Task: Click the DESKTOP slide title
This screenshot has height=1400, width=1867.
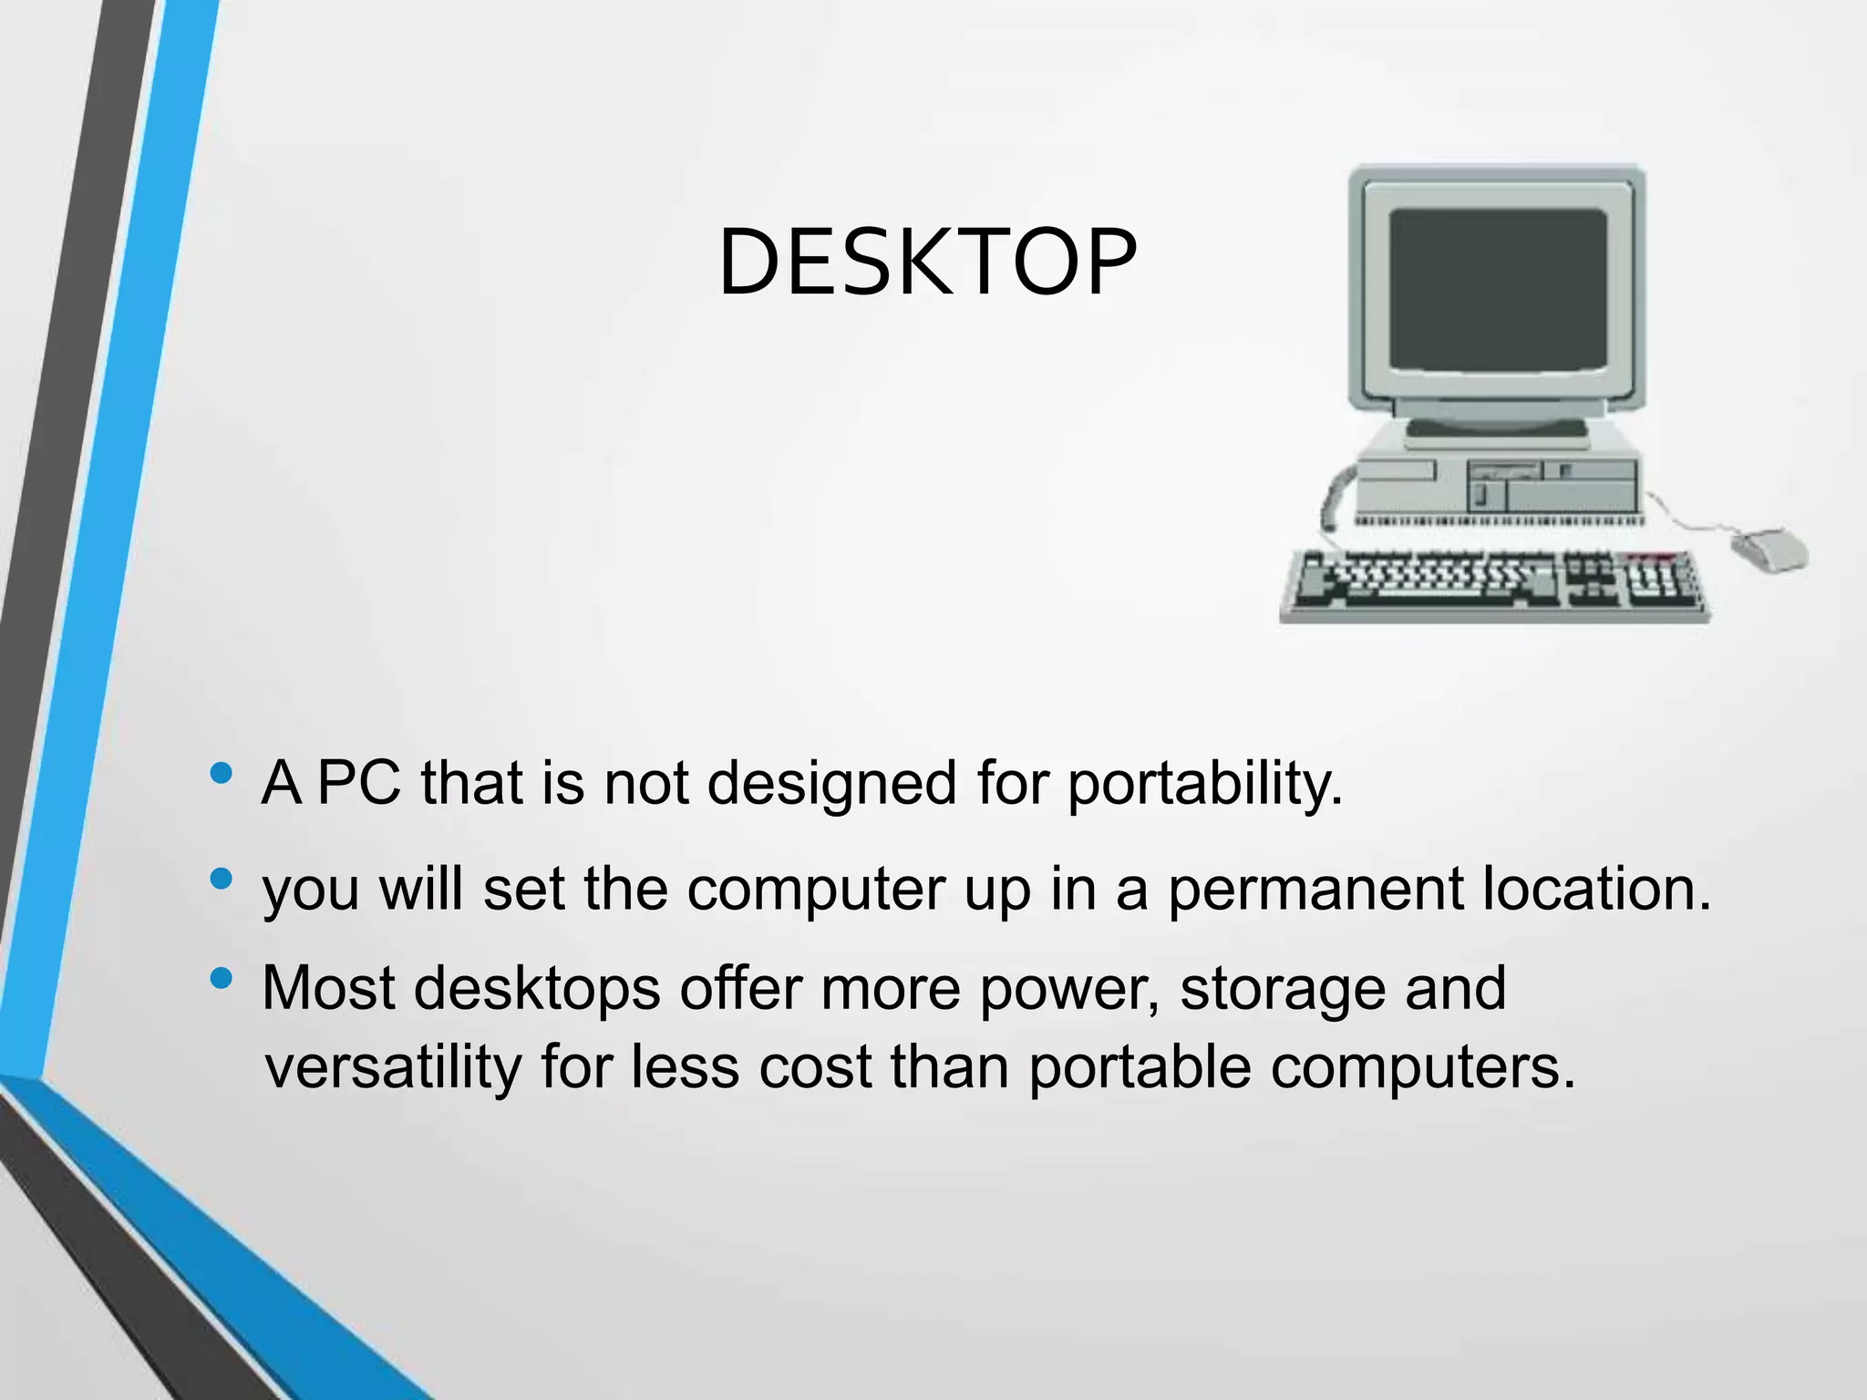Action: click(x=927, y=263)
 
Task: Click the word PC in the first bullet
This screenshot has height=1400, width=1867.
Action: click(x=359, y=783)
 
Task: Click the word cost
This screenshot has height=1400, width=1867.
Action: click(x=815, y=1067)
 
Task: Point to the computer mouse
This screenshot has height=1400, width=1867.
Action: click(x=1769, y=549)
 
